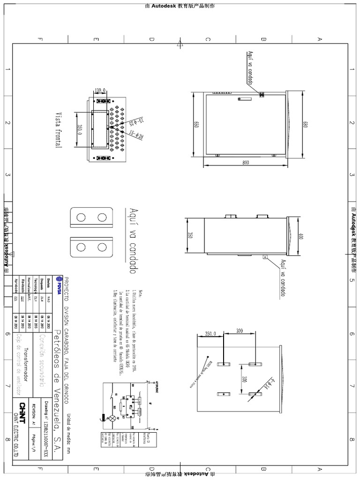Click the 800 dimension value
click(x=246, y=162)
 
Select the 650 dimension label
click(x=197, y=125)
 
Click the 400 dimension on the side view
click(x=300, y=236)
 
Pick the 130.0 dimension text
click(x=100, y=90)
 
